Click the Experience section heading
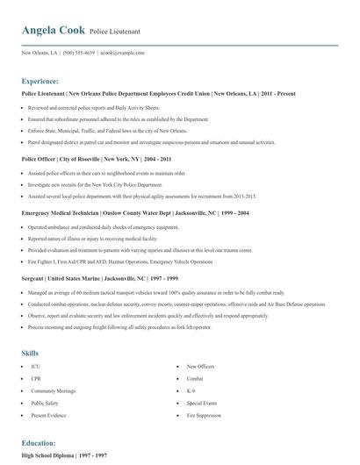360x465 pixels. [x=40, y=80]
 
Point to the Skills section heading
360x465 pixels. [x=30, y=327]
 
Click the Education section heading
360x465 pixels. [x=39, y=443]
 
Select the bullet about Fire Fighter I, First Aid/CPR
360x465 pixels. [x=120, y=261]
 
